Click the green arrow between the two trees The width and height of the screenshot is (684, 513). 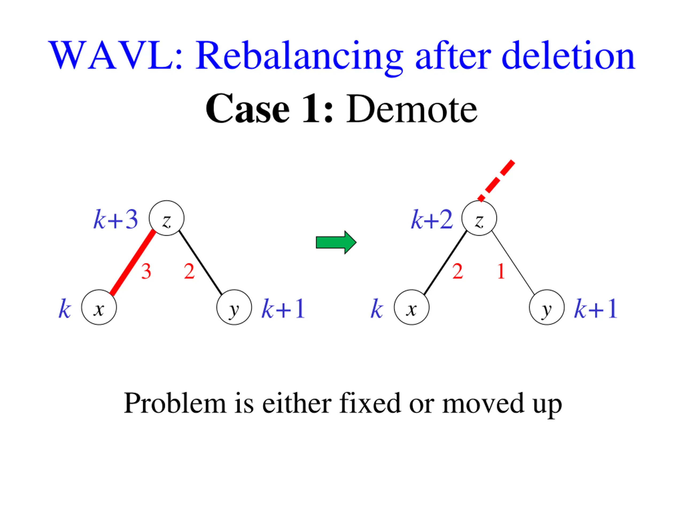[x=336, y=242]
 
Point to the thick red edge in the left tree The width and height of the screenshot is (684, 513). [x=133, y=262]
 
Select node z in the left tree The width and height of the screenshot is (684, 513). [x=166, y=218]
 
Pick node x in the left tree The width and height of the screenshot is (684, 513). [x=99, y=307]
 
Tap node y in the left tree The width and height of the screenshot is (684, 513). [x=234, y=307]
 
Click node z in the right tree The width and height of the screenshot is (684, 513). [x=479, y=218]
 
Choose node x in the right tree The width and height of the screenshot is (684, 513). [x=411, y=307]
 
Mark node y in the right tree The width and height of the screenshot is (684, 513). [x=547, y=307]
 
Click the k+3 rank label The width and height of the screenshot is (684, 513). [x=116, y=220]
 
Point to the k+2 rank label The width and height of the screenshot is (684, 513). [x=432, y=220]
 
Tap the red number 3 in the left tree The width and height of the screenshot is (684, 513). [x=146, y=271]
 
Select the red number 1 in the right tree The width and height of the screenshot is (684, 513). [x=501, y=271]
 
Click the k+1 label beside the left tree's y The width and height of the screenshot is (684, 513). [x=283, y=309]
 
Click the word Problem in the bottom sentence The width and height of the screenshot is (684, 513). [x=175, y=403]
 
